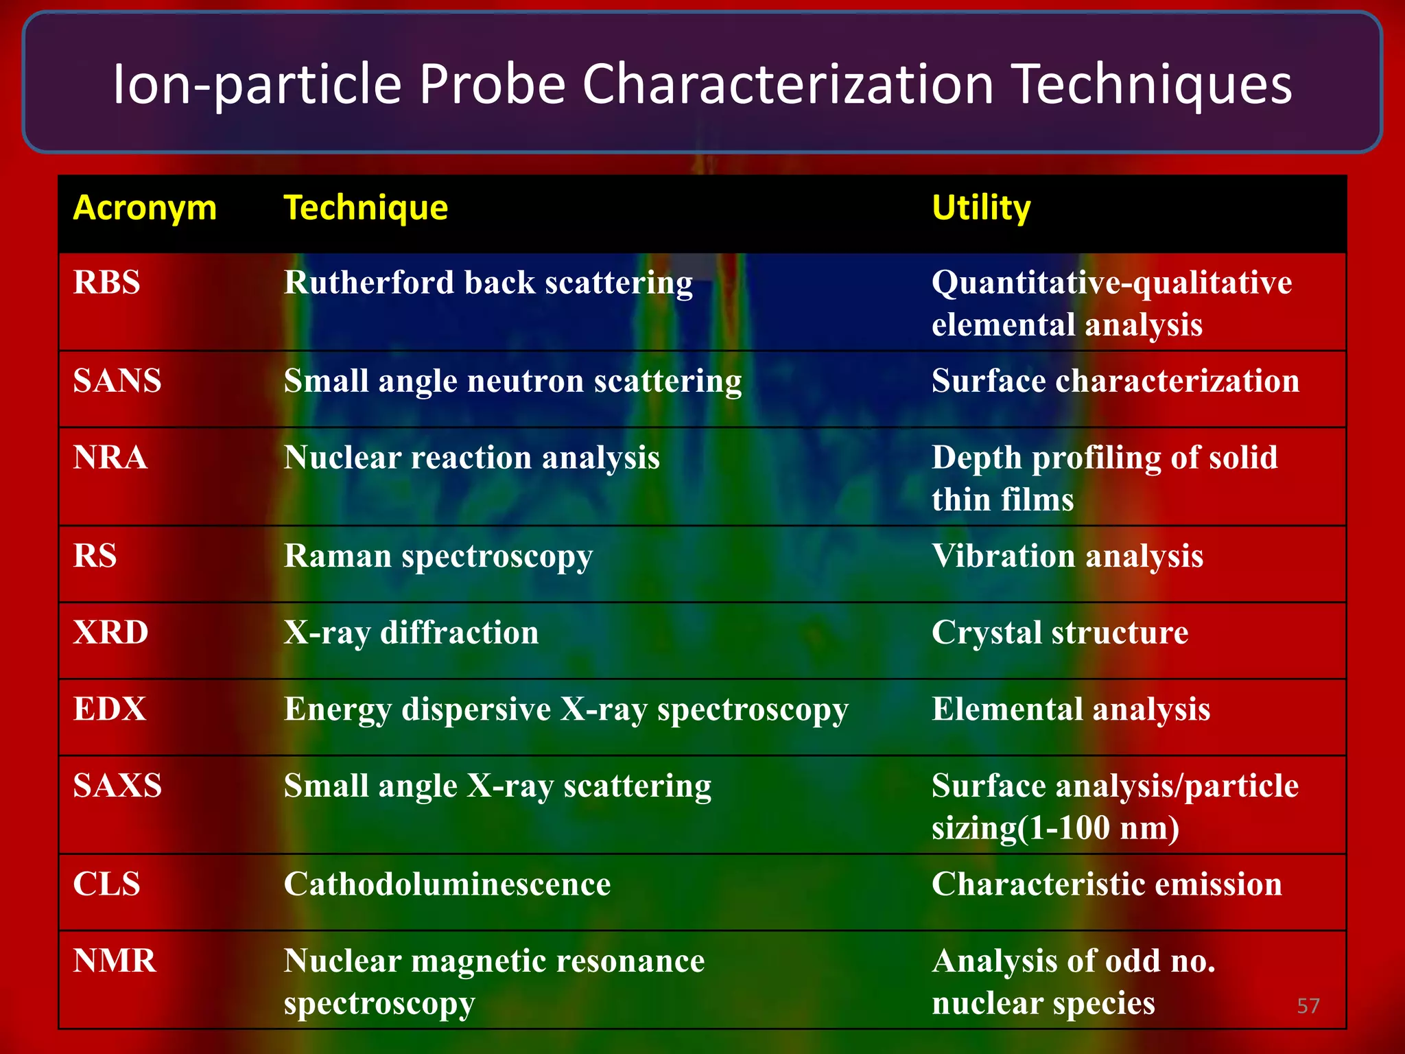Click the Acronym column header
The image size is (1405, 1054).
145,208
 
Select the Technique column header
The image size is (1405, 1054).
366,208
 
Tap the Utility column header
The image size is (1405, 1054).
981,208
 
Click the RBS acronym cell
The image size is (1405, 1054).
107,283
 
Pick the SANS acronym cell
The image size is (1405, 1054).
117,381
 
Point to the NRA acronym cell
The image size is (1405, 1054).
110,458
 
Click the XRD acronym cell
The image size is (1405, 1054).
110,633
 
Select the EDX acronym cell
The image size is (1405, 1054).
110,710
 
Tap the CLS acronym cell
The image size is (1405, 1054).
106,885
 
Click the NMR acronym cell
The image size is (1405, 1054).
115,961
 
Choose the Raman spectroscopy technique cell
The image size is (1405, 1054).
438,557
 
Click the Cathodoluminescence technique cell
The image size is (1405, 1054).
447,885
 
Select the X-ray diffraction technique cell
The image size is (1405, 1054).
411,633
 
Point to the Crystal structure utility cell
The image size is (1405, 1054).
1060,633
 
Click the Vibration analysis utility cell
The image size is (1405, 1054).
1067,557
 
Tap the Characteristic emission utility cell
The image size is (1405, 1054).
1107,885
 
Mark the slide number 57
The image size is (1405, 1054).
1308,1006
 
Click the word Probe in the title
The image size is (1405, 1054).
492,84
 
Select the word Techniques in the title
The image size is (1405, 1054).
1153,84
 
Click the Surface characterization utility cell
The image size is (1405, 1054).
1115,381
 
